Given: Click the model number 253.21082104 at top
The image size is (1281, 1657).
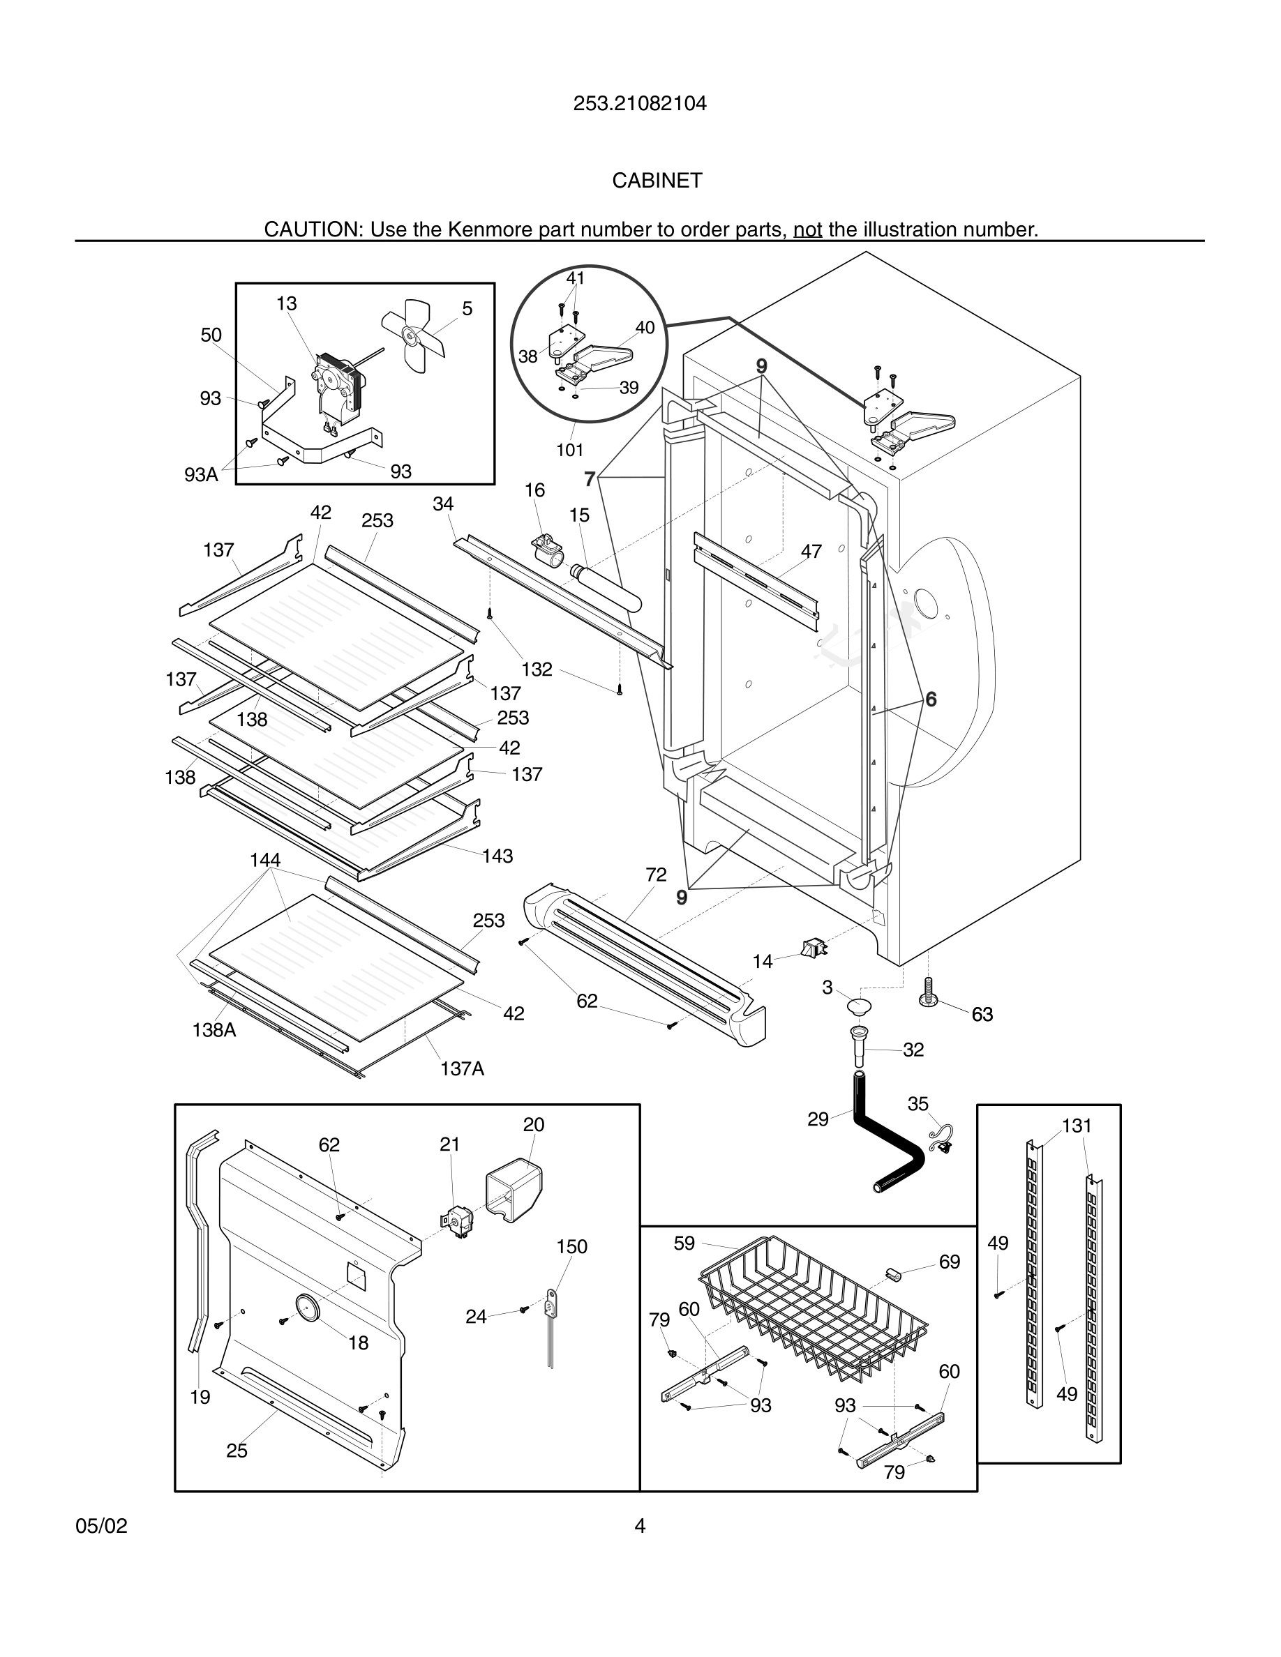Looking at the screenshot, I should coord(640,103).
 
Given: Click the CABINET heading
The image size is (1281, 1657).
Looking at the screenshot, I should coord(657,181).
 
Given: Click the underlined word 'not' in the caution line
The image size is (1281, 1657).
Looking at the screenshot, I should coord(807,229).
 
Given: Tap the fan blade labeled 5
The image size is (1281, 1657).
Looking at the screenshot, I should coord(414,334).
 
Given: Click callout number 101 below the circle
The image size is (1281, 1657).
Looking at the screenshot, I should coord(569,450).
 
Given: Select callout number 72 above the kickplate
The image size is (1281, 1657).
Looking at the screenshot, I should coord(656,875).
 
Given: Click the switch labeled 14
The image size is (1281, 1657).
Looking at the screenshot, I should coord(814,948).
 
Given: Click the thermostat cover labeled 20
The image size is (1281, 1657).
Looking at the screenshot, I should coord(513,1189).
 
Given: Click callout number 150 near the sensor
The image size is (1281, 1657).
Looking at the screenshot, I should coord(571,1246).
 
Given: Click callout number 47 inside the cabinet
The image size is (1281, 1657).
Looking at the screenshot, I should coord(811,552).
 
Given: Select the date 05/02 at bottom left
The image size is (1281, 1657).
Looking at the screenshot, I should coord(101,1526).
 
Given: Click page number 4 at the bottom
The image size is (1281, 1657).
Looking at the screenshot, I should coord(640,1526).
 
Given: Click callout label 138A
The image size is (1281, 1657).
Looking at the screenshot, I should coord(214,1029).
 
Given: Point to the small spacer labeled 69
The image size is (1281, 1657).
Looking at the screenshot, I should coord(893,1273).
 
